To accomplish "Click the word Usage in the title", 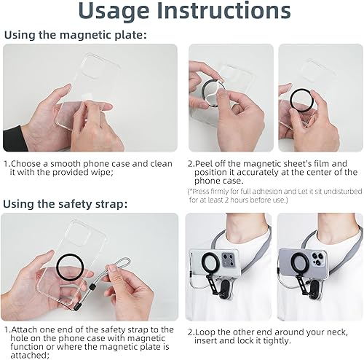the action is (114, 12).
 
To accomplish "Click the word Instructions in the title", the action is (223, 10).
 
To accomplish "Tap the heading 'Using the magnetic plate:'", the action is (76, 35).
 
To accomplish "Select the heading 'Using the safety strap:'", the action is (65, 204).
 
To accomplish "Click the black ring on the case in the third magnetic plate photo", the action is (301, 100).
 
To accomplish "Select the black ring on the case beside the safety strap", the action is (70, 267).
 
